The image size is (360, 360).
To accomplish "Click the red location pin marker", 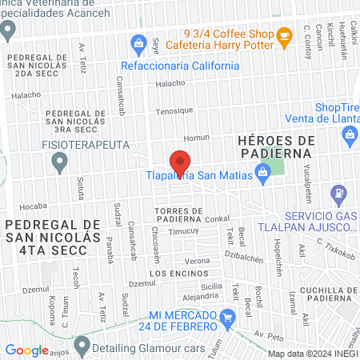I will pyautogui.click(x=181, y=162).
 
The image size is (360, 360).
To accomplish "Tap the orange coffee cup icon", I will pyautogui.click(x=283, y=35).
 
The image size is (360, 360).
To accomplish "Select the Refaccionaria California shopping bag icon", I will pyautogui.click(x=138, y=42).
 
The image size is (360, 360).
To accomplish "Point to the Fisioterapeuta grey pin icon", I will pyautogui.click(x=58, y=163).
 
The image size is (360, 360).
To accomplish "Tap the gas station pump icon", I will pyautogui.click(x=340, y=193).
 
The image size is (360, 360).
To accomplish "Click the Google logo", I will pyautogui.click(x=26, y=350).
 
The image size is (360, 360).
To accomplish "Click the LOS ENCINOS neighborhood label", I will pyautogui.click(x=172, y=273).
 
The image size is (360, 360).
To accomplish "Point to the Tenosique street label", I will pyautogui.click(x=175, y=111).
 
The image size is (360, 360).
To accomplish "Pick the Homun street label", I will pyautogui.click(x=195, y=138).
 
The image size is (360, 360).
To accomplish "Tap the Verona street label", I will pyautogui.click(x=197, y=262).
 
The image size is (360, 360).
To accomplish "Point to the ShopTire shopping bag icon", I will pyautogui.click(x=350, y=137).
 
